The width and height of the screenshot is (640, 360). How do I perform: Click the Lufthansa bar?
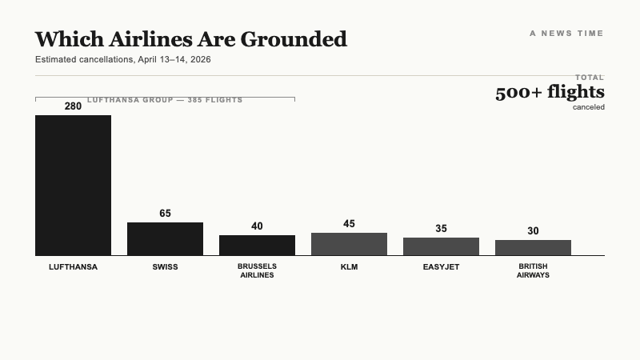[73, 185]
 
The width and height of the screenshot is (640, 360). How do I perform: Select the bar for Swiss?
[165, 238]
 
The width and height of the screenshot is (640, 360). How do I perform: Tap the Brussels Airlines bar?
[257, 245]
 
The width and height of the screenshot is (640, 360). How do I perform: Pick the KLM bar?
[349, 244]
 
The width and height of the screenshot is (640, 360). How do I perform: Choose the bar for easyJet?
[441, 246]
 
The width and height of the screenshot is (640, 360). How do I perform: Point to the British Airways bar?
[533, 247]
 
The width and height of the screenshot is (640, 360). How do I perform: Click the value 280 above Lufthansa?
[73, 106]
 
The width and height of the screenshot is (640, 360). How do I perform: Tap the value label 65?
[165, 214]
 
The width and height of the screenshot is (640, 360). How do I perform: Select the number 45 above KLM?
[349, 224]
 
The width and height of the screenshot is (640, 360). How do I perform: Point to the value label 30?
[533, 231]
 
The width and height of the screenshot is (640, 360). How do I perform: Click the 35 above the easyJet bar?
[441, 229]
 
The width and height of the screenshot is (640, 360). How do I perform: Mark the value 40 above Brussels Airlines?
[257, 226]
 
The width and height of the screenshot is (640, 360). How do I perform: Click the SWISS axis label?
[165, 267]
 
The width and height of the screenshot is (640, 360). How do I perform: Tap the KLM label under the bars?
[349, 267]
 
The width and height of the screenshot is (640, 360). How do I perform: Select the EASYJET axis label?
[441, 267]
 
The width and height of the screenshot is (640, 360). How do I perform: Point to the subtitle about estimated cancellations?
[122, 60]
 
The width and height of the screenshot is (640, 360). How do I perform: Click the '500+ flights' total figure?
[550, 93]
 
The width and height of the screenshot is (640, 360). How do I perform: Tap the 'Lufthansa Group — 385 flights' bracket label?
[164, 100]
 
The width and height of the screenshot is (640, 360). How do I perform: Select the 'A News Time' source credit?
[566, 34]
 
